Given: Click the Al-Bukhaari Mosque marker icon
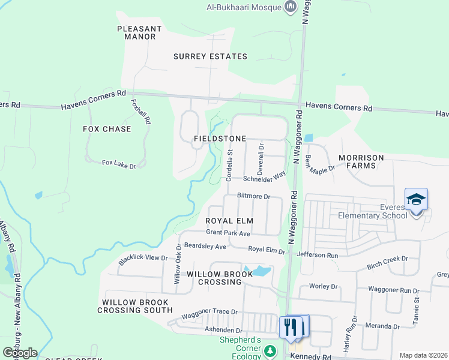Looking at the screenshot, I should tap(291, 7).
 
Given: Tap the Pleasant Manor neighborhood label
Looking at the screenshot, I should tap(140, 32).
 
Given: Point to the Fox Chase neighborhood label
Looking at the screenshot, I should tap(107, 129).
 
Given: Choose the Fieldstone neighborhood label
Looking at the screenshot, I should tap(220, 139).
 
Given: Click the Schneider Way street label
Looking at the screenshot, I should tap(264, 178).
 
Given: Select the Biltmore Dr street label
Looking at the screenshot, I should tap(255, 196).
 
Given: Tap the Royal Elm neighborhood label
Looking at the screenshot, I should tap(230, 221).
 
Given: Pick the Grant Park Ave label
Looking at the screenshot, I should tap(228, 232).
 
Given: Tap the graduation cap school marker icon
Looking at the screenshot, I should tap(416, 199).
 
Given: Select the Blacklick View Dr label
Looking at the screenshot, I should tap(143, 258).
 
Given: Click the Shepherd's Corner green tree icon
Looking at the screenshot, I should tap(271, 350).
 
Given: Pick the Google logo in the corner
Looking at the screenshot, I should tap(19, 352).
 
